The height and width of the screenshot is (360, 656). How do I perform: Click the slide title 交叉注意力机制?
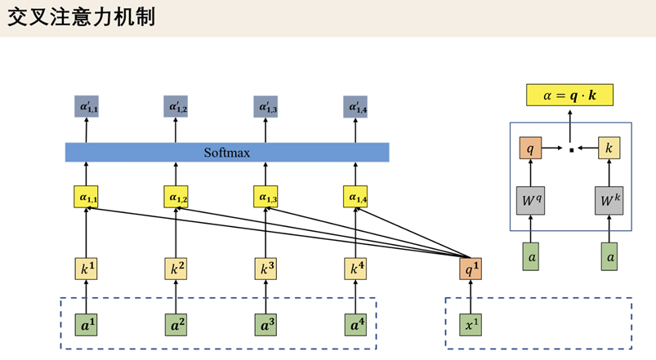82,17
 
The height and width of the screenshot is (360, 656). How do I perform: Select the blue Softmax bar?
227,153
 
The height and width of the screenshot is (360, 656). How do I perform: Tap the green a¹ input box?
86,324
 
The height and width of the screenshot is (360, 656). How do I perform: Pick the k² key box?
176,269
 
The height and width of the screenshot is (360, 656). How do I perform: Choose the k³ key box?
266,269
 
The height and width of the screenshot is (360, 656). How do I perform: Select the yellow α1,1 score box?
86,198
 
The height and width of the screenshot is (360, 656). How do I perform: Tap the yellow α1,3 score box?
266,198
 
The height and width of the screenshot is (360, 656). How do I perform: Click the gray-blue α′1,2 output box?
176,106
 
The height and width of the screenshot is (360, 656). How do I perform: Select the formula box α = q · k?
570,96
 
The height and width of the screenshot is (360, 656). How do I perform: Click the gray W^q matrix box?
531,200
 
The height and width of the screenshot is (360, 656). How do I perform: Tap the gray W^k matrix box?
609,200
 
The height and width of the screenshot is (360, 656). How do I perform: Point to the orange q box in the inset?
531,149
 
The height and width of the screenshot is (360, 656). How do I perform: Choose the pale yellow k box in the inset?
609,149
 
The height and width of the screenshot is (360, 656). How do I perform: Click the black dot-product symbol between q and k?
570,149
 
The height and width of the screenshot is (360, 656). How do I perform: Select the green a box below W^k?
609,256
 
